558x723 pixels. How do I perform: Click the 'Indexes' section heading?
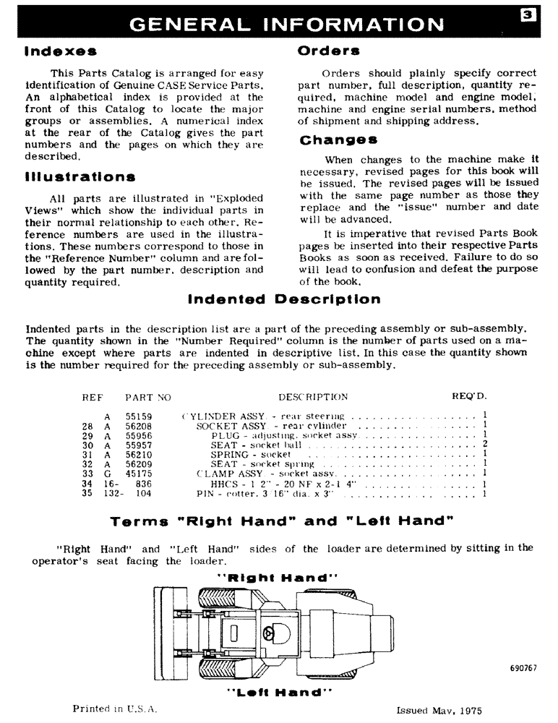pyautogui.click(x=60, y=53)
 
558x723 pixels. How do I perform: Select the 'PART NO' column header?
pyautogui.click(x=147, y=397)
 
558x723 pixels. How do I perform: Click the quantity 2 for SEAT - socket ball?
pyautogui.click(x=485, y=445)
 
